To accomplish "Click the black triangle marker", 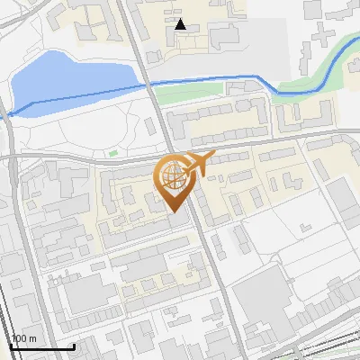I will coord(181,24).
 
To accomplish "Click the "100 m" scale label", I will coord(25,338).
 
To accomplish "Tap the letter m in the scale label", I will coord(34,338).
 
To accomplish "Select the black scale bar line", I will coord(41,346).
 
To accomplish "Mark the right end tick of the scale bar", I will coord(73,345).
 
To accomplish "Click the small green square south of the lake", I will coord(113,152).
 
